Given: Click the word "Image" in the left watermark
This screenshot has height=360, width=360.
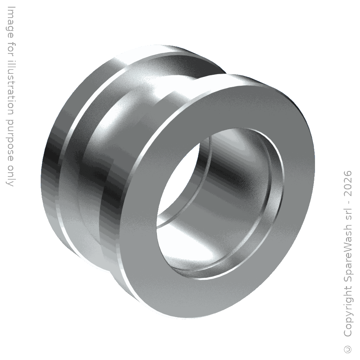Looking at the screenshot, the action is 10,23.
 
